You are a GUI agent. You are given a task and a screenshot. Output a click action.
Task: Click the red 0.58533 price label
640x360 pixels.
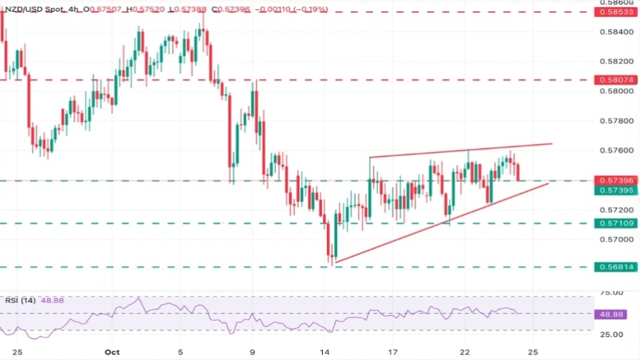coord(615,13)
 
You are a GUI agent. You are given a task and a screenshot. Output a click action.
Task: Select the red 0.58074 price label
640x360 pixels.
coord(615,80)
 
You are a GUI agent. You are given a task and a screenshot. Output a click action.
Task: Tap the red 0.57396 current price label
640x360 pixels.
coord(615,180)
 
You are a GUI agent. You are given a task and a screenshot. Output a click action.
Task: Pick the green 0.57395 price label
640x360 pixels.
coord(615,190)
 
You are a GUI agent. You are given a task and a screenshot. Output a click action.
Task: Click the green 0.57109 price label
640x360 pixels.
coord(615,223)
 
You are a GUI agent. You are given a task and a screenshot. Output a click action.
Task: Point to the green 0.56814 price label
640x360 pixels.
coord(615,267)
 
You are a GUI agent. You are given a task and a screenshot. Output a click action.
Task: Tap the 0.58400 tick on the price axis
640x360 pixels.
coord(615,32)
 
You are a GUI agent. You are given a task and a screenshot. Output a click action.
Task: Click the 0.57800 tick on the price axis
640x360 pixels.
coord(615,121)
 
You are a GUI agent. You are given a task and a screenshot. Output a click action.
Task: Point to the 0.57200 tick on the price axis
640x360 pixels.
coord(615,210)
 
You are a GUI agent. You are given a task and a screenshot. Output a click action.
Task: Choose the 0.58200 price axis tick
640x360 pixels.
coord(615,61)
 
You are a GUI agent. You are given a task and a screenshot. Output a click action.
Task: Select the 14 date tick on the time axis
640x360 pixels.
coord(324,351)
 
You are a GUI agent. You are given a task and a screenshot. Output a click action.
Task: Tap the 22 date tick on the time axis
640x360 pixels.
coord(465,351)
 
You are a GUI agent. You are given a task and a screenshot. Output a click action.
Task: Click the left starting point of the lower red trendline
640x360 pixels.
coord(335,263)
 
